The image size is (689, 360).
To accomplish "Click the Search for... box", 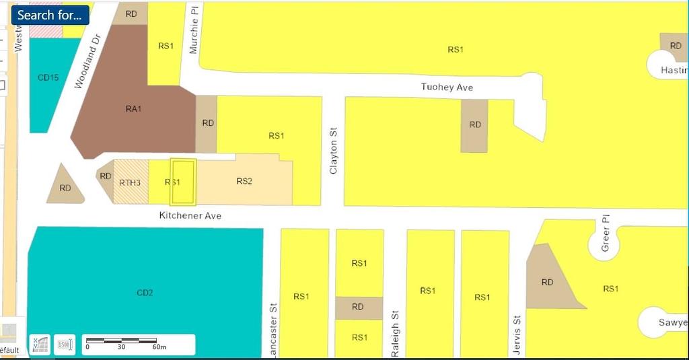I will (50, 15).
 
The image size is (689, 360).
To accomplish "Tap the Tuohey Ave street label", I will (447, 87).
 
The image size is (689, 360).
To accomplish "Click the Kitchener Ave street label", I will (190, 215).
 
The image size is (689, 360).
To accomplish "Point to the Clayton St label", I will (333, 151).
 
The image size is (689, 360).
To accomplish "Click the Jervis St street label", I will (517, 334).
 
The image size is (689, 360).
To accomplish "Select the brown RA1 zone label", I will (133, 109).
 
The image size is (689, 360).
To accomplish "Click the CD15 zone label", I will (48, 77).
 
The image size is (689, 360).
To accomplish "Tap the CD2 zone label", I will (145, 292).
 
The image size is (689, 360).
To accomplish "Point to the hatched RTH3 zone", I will (130, 182).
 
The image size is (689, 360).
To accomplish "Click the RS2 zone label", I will (244, 181).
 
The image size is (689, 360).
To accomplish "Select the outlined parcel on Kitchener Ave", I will (182, 182).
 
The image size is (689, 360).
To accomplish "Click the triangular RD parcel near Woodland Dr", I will (65, 186).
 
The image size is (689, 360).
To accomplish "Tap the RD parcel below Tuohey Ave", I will (475, 125).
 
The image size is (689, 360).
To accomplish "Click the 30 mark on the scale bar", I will (121, 347).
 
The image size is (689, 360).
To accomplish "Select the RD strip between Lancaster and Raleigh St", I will (359, 308).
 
